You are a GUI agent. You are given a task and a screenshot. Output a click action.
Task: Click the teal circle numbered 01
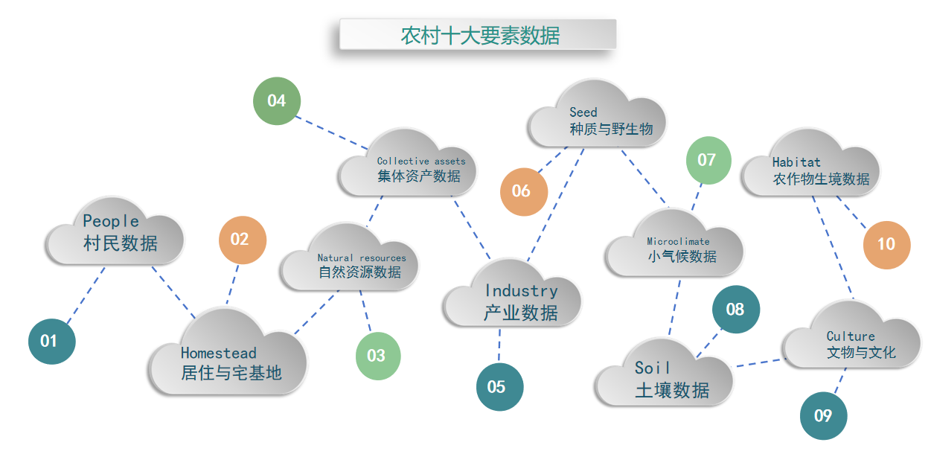coord(52,341)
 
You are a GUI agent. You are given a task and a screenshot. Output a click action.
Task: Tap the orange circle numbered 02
coord(243,240)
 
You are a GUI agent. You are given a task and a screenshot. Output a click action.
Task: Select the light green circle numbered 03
coord(378,356)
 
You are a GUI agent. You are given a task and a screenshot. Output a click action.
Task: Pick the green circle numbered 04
coord(277,100)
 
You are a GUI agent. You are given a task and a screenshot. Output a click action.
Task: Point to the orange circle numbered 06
coord(524,191)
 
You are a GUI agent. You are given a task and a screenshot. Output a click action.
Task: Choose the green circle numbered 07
coord(708,160)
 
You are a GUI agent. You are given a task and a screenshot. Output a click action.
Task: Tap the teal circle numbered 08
coord(736,309)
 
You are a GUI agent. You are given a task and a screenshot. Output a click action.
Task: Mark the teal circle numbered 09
coord(823,415)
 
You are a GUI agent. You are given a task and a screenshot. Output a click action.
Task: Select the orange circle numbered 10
coord(886,244)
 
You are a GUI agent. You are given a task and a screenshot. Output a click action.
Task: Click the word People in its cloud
coord(111,221)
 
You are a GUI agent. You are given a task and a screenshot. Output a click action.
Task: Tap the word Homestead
coord(218,353)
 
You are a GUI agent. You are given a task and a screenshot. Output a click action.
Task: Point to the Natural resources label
coord(362,258)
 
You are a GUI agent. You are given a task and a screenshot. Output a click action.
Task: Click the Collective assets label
coord(420,161)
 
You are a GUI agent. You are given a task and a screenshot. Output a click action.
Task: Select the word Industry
coord(521,290)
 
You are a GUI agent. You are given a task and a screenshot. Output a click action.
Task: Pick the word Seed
coord(583,112)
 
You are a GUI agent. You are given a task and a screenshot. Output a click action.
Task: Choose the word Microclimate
coord(678,241)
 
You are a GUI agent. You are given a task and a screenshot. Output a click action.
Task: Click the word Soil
coord(653,368)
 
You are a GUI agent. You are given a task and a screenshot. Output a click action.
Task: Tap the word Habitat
coord(796,161)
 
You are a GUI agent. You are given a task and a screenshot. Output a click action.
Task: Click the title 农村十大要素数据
coord(480,35)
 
